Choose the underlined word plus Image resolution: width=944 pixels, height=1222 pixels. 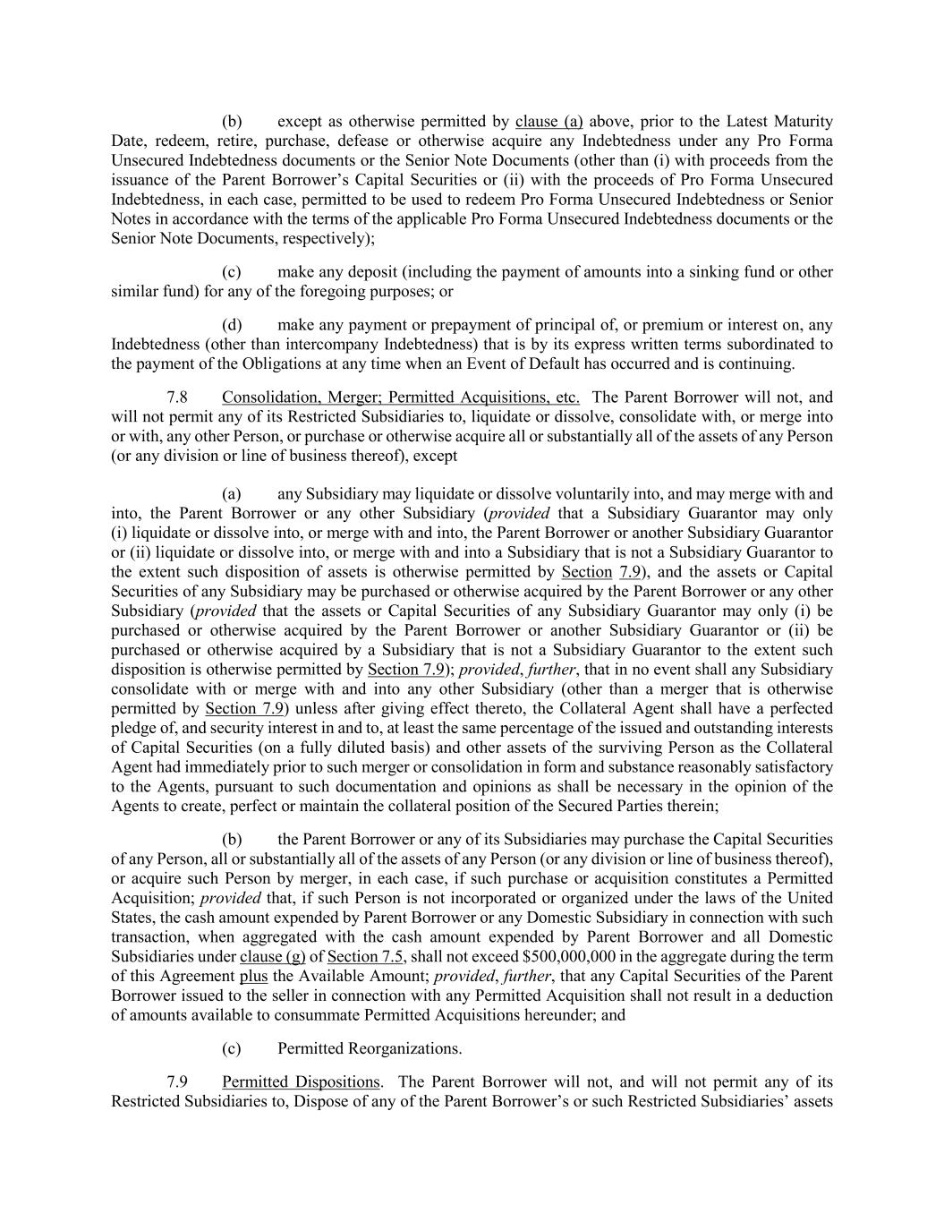coord(253,976)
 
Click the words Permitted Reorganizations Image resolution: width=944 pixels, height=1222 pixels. coord(370,1047)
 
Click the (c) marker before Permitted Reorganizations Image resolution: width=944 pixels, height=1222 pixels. coord(232,1047)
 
